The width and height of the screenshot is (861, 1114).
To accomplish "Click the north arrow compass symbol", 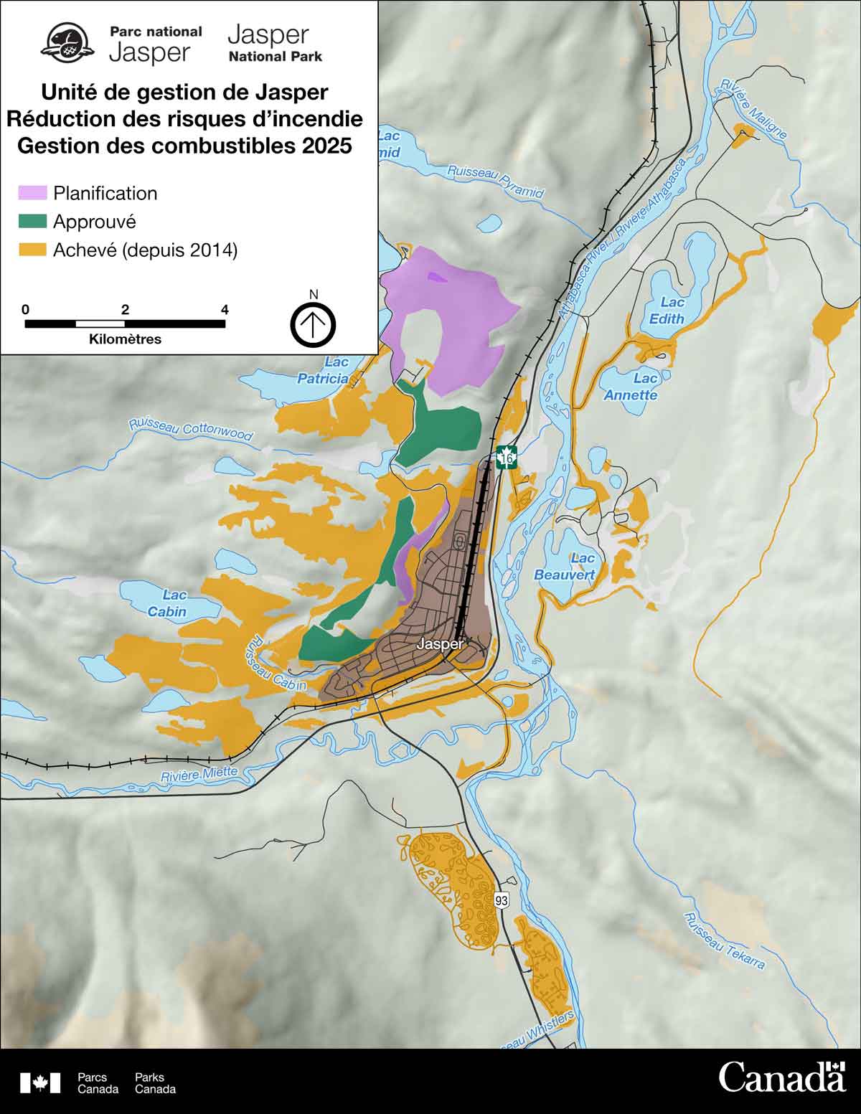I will point(313,324).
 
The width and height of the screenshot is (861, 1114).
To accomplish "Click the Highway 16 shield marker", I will point(507,457).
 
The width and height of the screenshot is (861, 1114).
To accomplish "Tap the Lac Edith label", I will point(667,311).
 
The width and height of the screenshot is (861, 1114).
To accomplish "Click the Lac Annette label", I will point(631,387).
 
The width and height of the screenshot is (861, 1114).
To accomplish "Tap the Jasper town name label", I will point(440,644).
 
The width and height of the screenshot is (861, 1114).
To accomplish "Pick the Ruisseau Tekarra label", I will point(724,941).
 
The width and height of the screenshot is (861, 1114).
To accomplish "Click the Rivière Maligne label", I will point(753,108).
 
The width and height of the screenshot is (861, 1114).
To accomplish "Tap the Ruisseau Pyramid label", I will point(496,181).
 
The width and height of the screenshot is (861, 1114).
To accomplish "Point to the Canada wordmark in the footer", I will point(782,1078).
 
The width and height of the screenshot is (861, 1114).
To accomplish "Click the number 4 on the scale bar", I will point(225,310).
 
